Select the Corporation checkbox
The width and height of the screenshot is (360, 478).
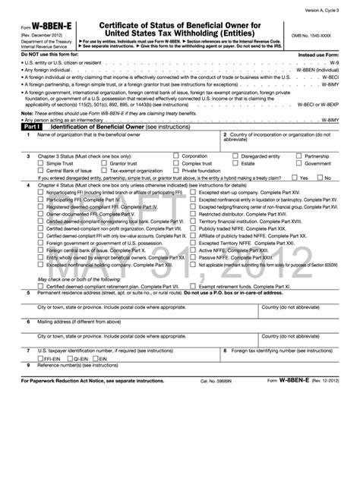tap(175, 155)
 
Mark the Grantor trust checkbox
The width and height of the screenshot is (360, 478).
tap(103, 163)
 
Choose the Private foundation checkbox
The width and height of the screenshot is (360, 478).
tap(175, 171)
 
